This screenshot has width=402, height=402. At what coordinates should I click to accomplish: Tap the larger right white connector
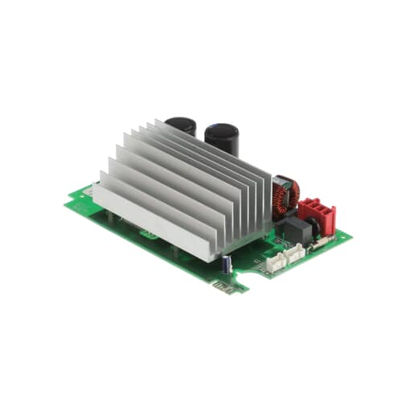click(x=290, y=252)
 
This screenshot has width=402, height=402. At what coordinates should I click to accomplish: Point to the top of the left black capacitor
click(x=181, y=122)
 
